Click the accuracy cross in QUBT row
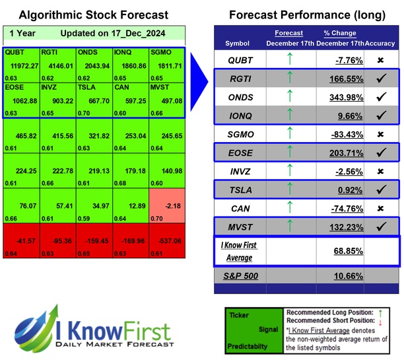pos(381,60)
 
